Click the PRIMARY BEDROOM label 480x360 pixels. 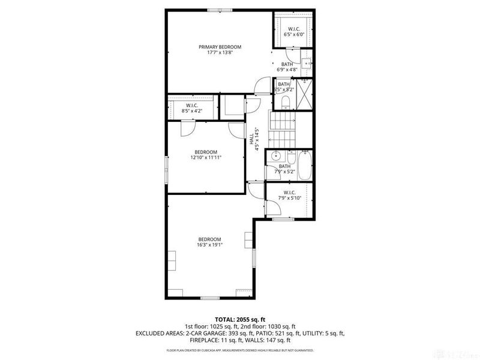click(x=220, y=47)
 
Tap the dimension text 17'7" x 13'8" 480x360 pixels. click(x=220, y=53)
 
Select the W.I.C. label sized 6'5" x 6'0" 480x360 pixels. click(x=294, y=29)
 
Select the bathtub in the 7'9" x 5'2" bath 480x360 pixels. click(x=304, y=166)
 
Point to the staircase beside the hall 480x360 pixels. click(x=282, y=126)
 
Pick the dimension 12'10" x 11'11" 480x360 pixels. click(x=205, y=158)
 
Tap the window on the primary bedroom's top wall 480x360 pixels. click(x=219, y=10)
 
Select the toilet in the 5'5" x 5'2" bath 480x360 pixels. click(x=286, y=101)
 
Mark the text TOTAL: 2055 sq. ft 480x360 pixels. click(x=239, y=319)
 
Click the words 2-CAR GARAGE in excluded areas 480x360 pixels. click(x=209, y=334)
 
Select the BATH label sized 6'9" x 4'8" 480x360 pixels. click(x=287, y=64)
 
